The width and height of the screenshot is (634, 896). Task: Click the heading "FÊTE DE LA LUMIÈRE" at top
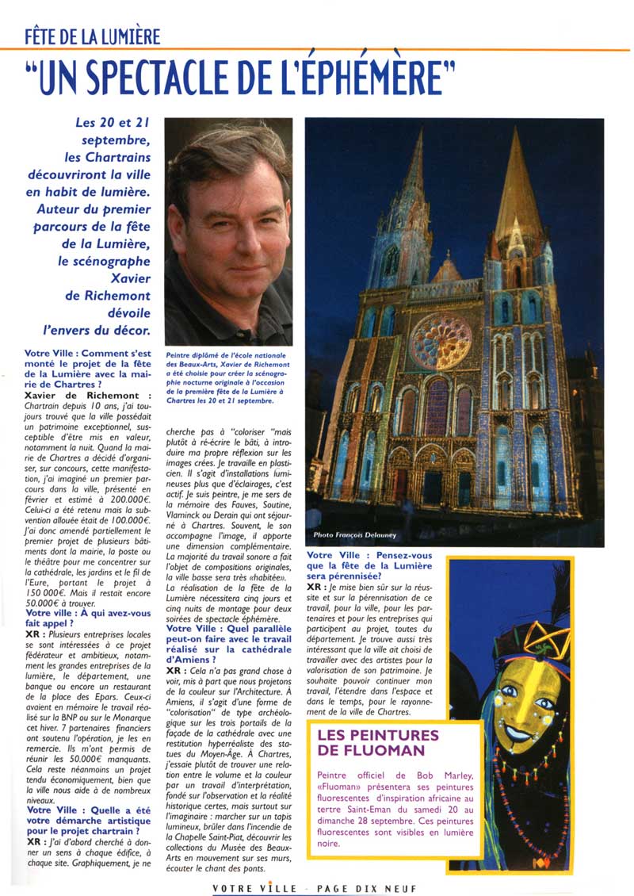[93, 36]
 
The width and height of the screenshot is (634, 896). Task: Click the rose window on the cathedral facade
[441, 342]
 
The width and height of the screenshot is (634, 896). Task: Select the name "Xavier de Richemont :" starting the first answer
[87, 395]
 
